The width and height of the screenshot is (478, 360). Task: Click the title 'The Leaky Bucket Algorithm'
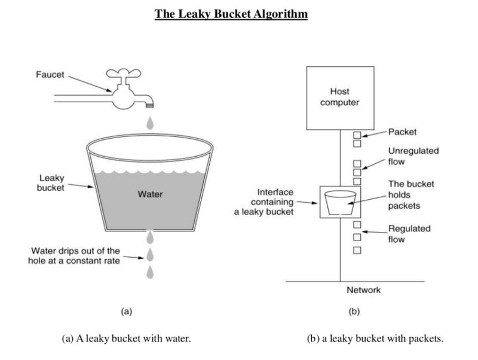click(x=231, y=13)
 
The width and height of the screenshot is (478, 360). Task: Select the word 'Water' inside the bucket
click(x=149, y=194)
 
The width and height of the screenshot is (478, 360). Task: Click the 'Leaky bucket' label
click(x=51, y=184)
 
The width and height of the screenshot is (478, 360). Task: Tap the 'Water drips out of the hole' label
click(x=74, y=256)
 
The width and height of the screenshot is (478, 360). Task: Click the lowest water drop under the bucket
click(x=150, y=273)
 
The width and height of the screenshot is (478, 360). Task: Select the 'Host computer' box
click(x=339, y=98)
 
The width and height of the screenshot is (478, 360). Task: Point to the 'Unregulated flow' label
click(x=413, y=155)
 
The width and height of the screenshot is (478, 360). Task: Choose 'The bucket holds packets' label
click(x=411, y=195)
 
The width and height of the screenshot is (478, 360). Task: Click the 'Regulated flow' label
click(x=409, y=234)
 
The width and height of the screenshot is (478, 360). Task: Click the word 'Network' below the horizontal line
click(x=363, y=291)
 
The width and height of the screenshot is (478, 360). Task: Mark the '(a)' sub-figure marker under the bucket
click(x=125, y=311)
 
